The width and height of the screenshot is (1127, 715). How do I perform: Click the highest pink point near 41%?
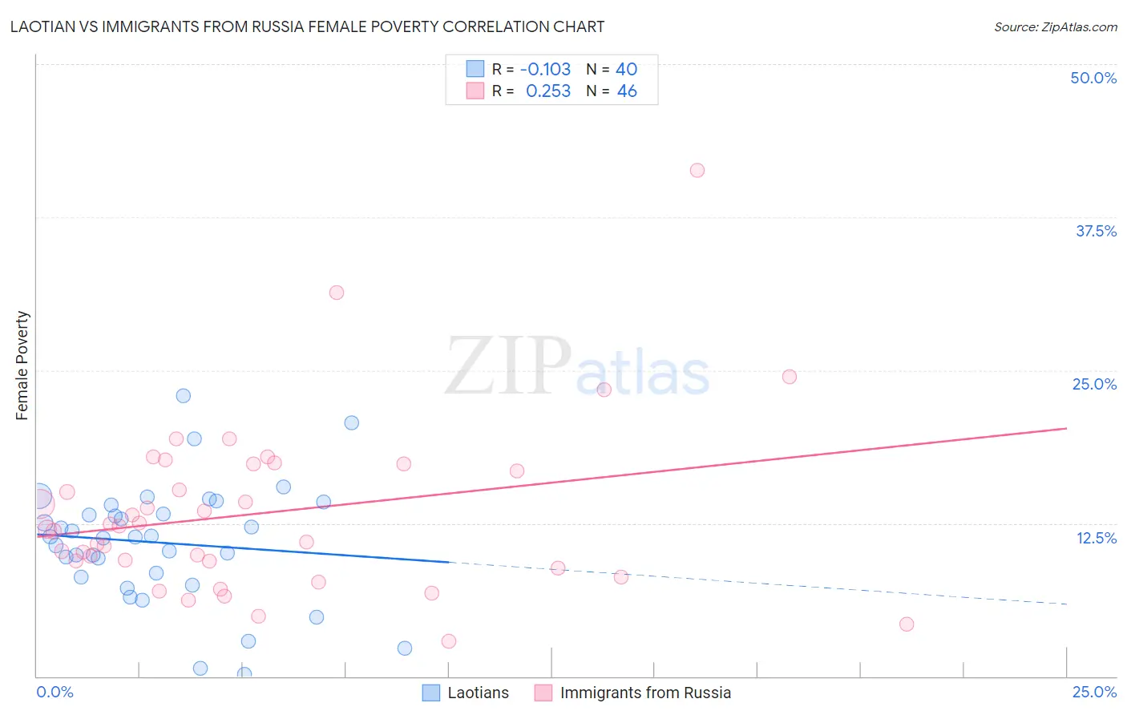pyautogui.click(x=697, y=170)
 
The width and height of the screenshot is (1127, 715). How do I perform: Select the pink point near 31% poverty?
pyautogui.click(x=337, y=293)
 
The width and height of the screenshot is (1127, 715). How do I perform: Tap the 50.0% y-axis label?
pyautogui.click(x=1093, y=78)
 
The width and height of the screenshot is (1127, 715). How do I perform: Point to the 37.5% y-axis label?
pyautogui.click(x=1096, y=231)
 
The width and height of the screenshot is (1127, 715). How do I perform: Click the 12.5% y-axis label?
pyautogui.click(x=1096, y=538)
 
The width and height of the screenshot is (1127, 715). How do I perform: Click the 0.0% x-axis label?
pyautogui.click(x=55, y=692)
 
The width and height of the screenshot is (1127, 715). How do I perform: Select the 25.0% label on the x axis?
pyautogui.click(x=1094, y=692)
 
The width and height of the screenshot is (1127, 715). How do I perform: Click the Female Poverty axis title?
pyautogui.click(x=22, y=366)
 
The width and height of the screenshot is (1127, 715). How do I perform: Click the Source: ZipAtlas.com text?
pyautogui.click(x=1055, y=26)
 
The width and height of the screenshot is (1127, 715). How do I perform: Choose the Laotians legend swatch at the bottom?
pyautogui.click(x=431, y=693)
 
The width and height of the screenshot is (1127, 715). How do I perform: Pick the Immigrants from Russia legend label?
pyautogui.click(x=645, y=693)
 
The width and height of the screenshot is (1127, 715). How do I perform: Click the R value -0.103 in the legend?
pyautogui.click(x=545, y=70)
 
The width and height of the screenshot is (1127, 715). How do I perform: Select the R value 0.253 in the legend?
pyautogui.click(x=548, y=91)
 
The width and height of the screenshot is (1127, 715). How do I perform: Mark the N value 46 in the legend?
pyautogui.click(x=627, y=91)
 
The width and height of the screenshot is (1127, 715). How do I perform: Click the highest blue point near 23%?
pyautogui.click(x=184, y=395)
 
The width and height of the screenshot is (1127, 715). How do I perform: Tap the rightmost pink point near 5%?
pyautogui.click(x=907, y=624)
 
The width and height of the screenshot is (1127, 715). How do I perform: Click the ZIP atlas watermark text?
pyautogui.click(x=577, y=367)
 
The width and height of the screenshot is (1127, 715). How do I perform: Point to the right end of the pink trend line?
pyautogui.click(x=1066, y=428)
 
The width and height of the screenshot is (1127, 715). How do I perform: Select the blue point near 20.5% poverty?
pyautogui.click(x=351, y=422)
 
